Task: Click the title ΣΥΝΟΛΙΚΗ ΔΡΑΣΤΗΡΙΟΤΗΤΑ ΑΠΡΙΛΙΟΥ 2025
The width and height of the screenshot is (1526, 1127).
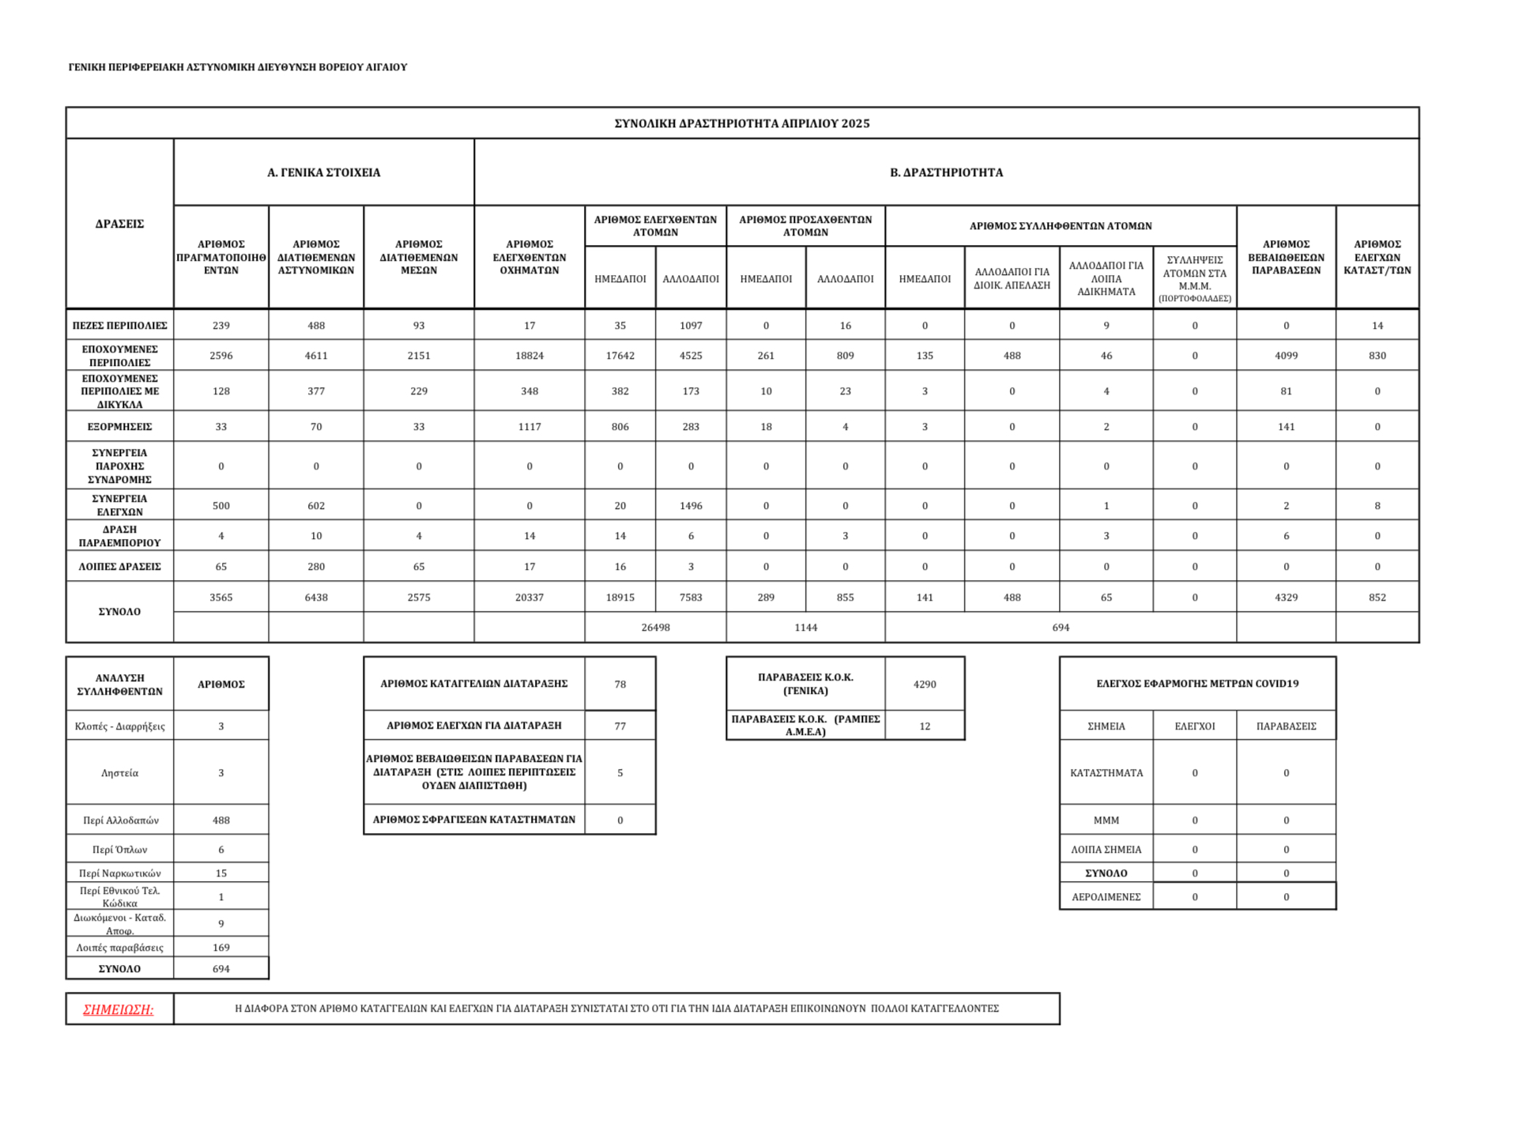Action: pos(741,123)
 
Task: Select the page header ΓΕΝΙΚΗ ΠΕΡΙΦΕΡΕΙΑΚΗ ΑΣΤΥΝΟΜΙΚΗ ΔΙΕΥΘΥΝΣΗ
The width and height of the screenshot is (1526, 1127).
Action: pos(237,67)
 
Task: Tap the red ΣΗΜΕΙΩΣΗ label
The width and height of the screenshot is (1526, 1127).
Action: pos(119,1009)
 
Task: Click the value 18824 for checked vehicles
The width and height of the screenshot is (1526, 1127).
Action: pos(529,356)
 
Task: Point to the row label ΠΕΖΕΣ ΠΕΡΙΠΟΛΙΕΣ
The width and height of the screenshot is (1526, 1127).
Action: pos(119,326)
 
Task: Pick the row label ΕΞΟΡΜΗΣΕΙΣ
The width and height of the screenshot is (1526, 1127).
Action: pos(119,427)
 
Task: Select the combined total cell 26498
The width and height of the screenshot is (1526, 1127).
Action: pos(655,628)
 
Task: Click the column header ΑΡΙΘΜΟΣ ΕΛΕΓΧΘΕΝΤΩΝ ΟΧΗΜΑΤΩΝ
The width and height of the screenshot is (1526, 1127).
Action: pos(529,257)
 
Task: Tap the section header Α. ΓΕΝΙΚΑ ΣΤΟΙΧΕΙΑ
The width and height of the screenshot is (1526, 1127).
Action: pos(323,172)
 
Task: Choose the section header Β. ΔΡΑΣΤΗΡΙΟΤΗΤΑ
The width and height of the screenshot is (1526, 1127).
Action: pos(946,172)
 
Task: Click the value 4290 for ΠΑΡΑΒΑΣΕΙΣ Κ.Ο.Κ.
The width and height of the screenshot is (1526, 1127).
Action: pos(924,684)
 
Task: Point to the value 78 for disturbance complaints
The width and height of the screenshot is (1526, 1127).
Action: pos(620,684)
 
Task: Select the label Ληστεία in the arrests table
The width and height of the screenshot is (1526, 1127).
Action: pos(119,773)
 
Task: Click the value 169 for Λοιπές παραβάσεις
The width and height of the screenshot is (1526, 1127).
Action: pos(220,948)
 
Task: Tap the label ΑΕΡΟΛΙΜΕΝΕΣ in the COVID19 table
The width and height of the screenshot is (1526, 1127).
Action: pos(1106,897)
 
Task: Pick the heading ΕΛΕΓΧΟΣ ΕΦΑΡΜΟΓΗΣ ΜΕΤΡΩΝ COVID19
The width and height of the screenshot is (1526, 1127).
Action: pos(1196,684)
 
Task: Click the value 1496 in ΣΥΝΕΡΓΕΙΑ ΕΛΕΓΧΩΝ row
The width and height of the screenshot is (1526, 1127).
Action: pos(690,506)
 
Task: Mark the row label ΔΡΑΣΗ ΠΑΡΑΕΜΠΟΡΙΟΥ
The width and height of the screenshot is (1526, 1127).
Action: pos(119,536)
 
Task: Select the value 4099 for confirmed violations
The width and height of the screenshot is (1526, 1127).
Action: pos(1286,356)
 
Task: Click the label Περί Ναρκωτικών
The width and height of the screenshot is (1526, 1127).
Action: pos(119,873)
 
